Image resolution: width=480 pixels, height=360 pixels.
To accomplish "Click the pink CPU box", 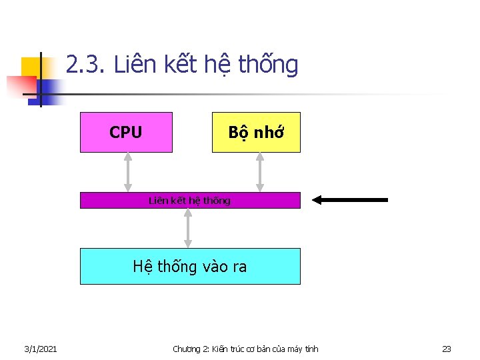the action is [126, 132].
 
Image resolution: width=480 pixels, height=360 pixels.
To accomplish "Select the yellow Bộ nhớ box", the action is [256, 132].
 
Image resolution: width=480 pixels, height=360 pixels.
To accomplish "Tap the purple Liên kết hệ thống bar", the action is [190, 200].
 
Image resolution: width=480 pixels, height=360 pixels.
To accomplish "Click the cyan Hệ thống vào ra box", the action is [190, 266].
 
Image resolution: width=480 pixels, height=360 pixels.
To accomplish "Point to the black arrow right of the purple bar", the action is [350, 199].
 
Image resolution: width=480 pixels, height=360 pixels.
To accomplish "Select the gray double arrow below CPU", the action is [128, 172].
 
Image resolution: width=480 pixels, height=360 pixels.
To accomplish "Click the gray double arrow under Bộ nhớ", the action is [260, 172].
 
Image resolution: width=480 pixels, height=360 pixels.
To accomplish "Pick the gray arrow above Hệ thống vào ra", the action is [188, 228].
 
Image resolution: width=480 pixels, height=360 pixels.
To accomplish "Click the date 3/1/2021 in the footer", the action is [40, 349].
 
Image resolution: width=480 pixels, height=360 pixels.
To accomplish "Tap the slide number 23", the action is [447, 349].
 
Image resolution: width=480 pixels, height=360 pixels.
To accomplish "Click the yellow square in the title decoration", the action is [30, 67].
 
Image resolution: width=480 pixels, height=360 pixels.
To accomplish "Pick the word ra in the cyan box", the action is [238, 267].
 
